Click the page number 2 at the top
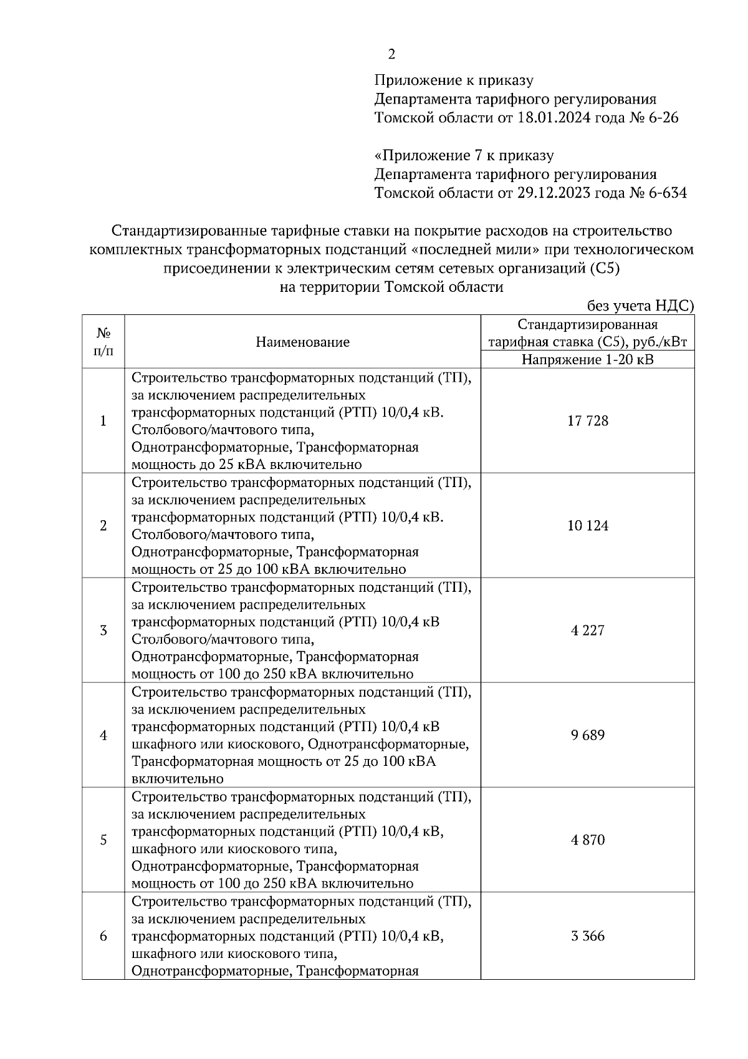391,55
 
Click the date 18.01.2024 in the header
554,118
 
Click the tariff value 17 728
587,421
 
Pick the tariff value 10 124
587,526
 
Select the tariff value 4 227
587,631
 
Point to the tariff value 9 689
587,735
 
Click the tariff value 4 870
587,840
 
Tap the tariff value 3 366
587,936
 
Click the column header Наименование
302,342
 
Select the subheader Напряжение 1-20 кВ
587,360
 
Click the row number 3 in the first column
103,631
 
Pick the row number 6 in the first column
103,936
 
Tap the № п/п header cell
103,342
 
